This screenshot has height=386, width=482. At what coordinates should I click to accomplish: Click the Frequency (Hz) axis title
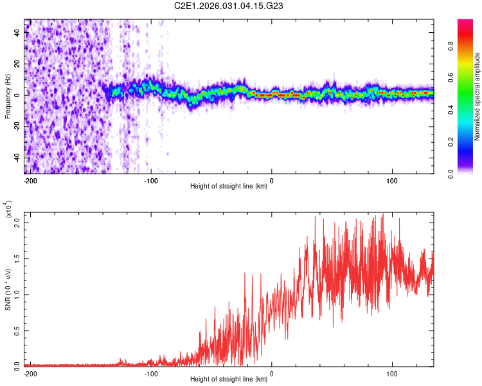(8, 96)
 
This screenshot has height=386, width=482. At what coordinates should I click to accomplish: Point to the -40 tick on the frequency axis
(17, 158)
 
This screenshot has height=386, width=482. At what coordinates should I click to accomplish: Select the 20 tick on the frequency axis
(17, 64)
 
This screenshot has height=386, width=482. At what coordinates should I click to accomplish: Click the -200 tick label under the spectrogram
(29, 180)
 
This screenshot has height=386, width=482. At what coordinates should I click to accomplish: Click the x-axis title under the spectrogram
(229, 187)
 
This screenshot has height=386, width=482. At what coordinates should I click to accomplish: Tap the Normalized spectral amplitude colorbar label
(477, 96)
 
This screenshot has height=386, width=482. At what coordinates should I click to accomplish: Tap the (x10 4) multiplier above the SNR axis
(8, 210)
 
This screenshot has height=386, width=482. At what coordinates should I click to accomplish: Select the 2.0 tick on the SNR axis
(17, 223)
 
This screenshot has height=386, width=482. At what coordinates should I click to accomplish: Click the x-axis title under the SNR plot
(229, 380)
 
